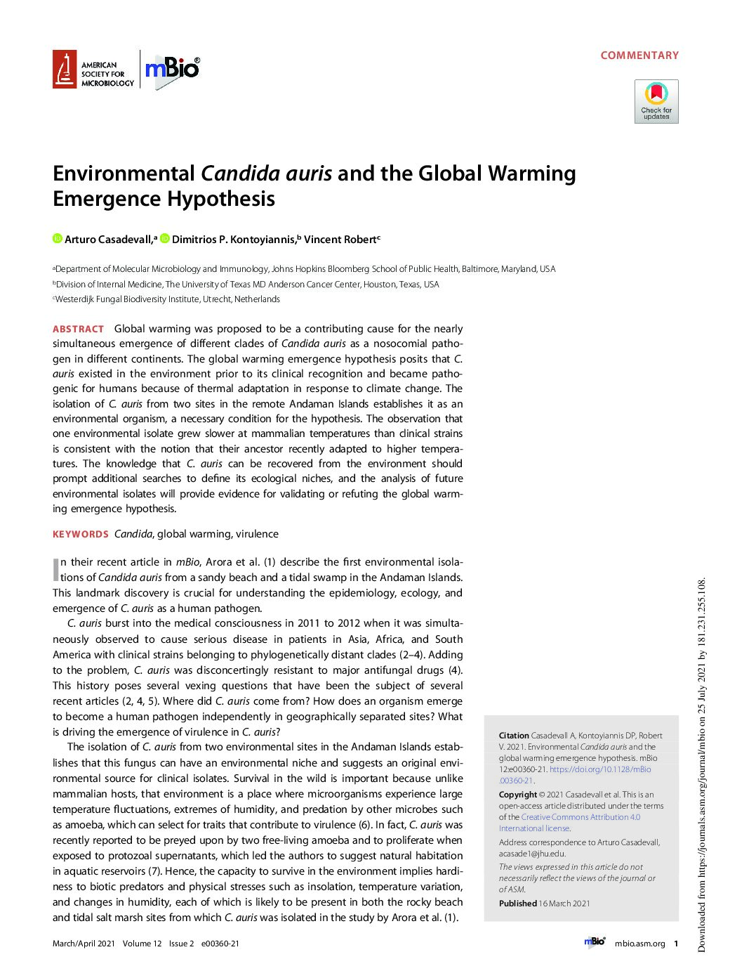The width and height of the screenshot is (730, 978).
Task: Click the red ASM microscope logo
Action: point(65,70)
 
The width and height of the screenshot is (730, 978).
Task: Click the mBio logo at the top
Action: point(172,69)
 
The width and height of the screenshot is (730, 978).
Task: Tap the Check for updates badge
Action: point(656,101)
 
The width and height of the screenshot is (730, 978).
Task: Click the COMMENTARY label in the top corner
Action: point(639,56)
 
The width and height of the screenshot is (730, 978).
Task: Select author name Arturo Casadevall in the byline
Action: point(108,240)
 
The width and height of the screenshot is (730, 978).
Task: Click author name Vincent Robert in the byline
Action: point(340,240)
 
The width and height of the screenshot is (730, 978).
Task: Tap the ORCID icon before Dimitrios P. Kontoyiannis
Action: point(165,239)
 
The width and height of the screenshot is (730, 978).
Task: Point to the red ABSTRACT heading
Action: point(78,329)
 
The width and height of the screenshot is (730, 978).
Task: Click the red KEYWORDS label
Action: point(81,534)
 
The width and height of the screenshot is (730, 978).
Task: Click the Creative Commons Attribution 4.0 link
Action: point(580,817)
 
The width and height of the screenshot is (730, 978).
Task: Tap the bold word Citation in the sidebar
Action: point(514,736)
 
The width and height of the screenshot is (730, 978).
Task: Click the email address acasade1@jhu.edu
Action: point(532,854)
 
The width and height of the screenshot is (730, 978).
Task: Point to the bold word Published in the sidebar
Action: point(517,904)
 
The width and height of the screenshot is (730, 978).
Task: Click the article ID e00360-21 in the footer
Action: point(220,944)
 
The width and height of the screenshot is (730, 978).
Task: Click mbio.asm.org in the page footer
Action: point(639,944)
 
